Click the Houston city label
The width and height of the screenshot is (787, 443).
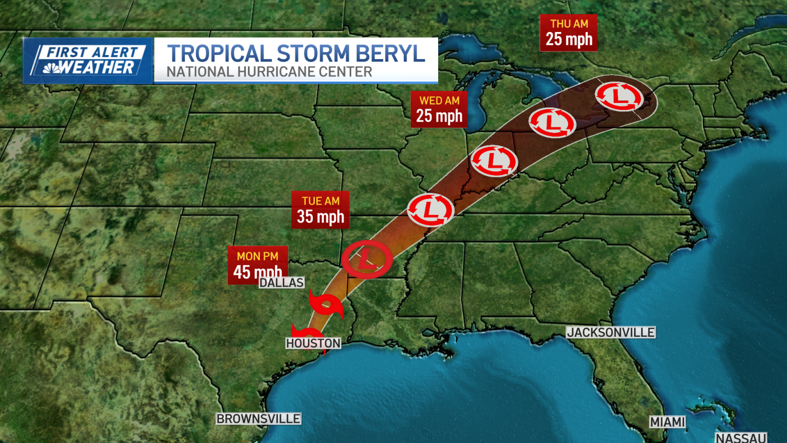(313, 343)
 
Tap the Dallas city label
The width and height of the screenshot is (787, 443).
(282, 282)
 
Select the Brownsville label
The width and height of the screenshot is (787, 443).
(258, 419)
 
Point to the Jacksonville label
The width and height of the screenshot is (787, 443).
(611, 332)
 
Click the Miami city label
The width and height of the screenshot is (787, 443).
(667, 422)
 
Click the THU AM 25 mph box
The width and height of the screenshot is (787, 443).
(569, 32)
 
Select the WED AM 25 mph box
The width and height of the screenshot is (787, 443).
(439, 109)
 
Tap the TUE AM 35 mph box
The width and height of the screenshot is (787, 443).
(320, 209)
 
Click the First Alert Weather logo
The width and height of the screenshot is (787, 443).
(88, 60)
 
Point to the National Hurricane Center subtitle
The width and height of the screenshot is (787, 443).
(269, 72)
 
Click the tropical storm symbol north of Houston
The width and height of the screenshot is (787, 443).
(326, 305)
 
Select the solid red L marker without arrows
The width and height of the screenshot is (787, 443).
(367, 259)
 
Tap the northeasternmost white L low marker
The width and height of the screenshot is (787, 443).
(619, 96)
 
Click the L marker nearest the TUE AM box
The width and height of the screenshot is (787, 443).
(430, 210)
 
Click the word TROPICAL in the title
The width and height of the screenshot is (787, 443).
(219, 53)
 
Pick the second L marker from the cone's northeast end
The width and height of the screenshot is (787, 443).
(552, 122)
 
